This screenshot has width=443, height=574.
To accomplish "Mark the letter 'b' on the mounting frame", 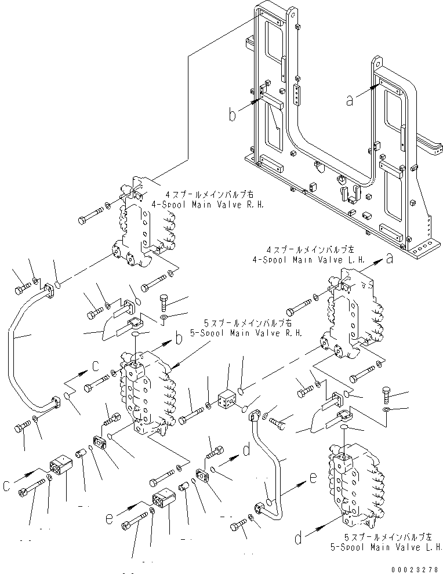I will coord(233,115).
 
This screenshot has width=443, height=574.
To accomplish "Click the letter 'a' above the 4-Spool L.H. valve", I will coord(390,260).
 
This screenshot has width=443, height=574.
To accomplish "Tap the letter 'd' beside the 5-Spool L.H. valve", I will coord(297,539).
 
